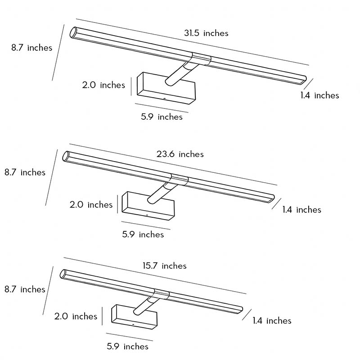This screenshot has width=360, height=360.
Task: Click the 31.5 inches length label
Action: pos(206,33)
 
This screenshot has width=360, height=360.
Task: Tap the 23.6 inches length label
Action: pos(180,154)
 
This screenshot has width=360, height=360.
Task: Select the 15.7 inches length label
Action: pos(164,265)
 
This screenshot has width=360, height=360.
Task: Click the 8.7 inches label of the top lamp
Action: pos(31,48)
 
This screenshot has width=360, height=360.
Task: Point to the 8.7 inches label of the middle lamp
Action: pos(25,172)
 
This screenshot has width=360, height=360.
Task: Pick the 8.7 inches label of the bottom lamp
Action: pos(25,289)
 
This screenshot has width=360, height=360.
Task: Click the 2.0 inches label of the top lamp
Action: pos(103,85)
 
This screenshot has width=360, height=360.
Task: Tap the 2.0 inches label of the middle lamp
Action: pos(91,205)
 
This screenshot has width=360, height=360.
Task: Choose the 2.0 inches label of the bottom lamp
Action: pos(76,316)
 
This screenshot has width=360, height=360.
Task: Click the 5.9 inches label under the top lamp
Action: pos(162,117)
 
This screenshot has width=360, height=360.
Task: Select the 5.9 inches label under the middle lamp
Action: pos(143,234)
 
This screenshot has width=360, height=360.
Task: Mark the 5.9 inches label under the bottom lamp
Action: pos(127,346)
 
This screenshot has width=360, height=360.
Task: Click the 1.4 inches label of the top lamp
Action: pos(319,95)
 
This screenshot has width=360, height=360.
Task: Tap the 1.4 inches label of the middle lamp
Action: pos(301,210)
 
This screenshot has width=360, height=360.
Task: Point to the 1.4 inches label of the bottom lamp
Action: pos(272,320)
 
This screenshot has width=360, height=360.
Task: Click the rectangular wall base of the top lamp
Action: pos(166,88)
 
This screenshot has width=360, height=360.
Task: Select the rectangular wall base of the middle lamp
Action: pos(148,206)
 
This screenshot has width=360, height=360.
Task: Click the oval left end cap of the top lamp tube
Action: pos(73,32)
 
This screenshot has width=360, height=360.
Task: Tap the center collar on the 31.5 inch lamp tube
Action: pos(201,58)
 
